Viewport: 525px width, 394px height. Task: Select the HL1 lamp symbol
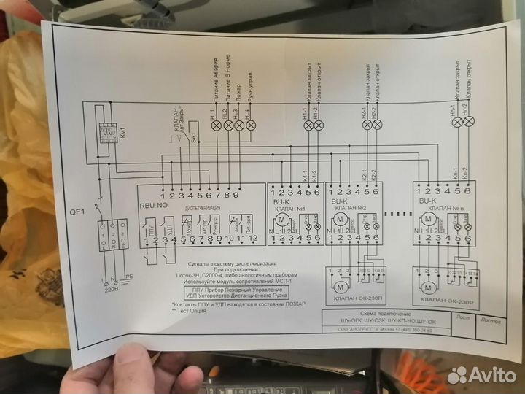coord(216,125)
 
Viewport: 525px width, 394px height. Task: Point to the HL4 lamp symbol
coord(251,125)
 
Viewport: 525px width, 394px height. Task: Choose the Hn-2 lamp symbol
coord(469,123)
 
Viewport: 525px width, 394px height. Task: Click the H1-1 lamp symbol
coord(308,125)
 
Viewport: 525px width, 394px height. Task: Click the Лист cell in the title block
coord(461,317)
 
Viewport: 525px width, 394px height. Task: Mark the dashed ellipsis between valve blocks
coord(394,215)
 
